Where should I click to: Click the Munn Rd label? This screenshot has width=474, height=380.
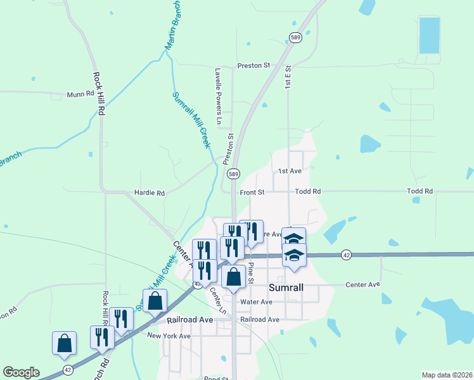pyautogui.click(x=80, y=94)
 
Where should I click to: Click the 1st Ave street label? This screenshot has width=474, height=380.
pyautogui.click(x=290, y=171)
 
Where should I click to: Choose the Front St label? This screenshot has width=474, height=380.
pyautogui.click(x=252, y=191)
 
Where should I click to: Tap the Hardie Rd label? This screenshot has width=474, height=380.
pyautogui.click(x=150, y=193)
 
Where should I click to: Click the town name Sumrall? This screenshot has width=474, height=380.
pyautogui.click(x=287, y=288)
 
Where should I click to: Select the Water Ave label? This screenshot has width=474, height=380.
pyautogui.click(x=256, y=302)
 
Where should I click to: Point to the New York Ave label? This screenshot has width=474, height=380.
pyautogui.click(x=169, y=336)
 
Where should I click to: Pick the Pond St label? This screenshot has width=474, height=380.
pyautogui.click(x=216, y=378)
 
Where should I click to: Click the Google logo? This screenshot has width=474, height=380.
pyautogui.click(x=21, y=372)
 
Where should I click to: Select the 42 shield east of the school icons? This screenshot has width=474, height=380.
pyautogui.click(x=346, y=255)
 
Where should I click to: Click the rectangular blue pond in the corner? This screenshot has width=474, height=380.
pyautogui.click(x=429, y=35)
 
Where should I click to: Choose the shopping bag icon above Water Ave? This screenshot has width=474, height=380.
pyautogui.click(x=233, y=277)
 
